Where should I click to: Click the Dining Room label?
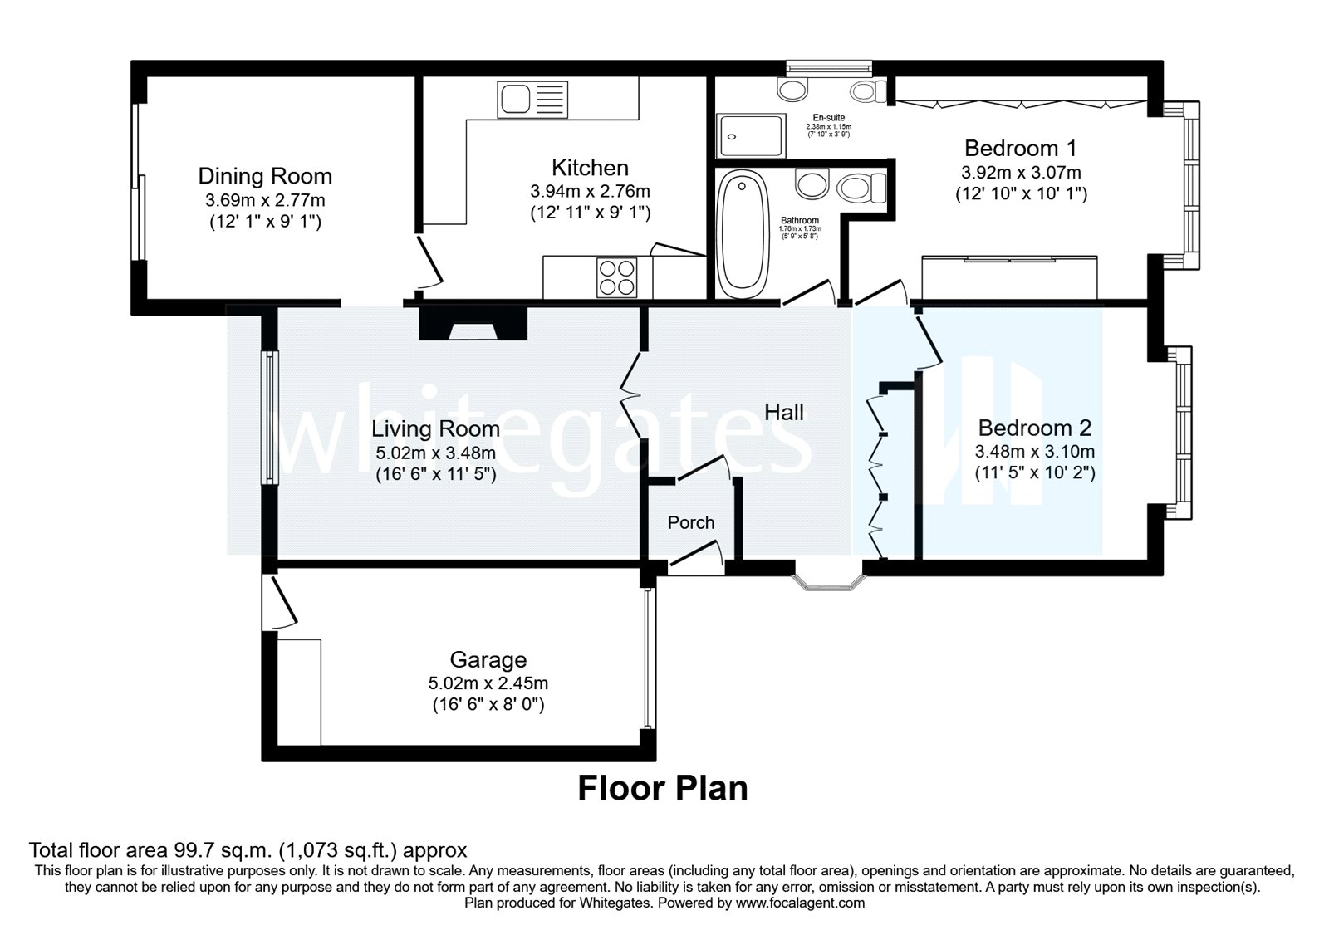265,176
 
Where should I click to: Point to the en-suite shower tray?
752,136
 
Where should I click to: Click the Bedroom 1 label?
1020,149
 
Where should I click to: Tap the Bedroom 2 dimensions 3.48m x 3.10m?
1034,453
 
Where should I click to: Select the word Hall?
784,412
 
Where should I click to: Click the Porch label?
691,522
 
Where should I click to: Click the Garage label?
488,660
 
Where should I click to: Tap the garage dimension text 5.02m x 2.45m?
488,683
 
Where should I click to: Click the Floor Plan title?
662,788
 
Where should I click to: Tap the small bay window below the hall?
828,581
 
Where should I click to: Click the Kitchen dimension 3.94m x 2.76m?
590,191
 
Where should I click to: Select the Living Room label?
435,429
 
